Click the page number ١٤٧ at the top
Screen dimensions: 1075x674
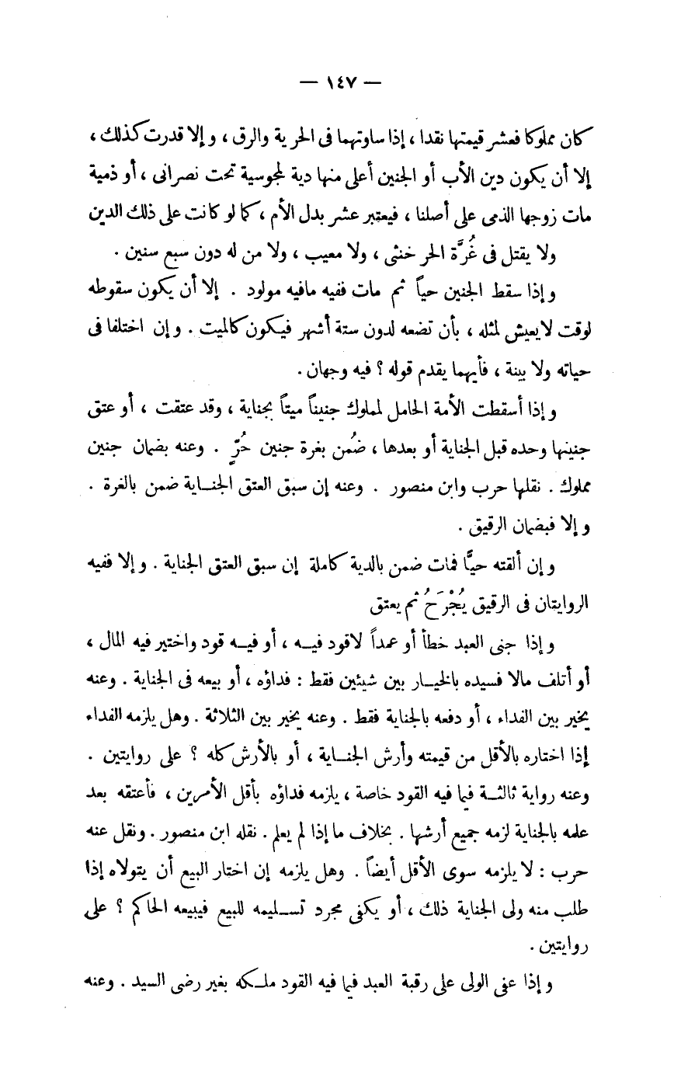(x=336, y=80)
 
